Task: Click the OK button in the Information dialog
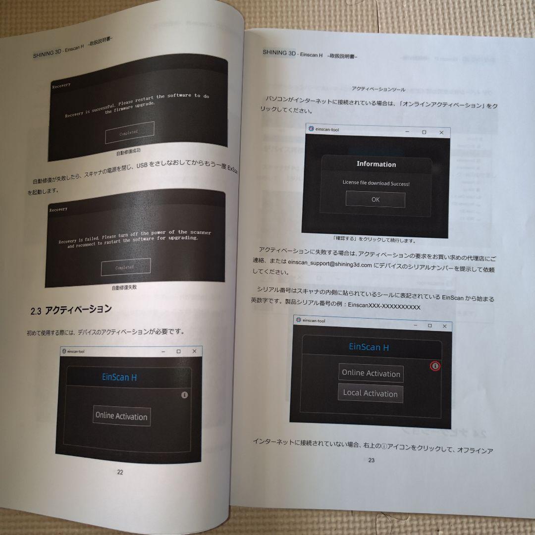click(375, 200)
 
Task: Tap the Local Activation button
click(371, 393)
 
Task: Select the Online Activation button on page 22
click(121, 416)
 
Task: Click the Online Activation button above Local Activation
click(371, 374)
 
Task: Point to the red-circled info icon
click(435, 366)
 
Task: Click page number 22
click(120, 472)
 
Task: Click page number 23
click(372, 460)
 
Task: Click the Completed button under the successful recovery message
click(129, 132)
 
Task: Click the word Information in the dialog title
click(376, 164)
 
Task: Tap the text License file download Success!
click(376, 183)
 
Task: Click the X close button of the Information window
click(441, 133)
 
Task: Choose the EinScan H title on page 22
click(119, 377)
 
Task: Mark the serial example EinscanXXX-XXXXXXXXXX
click(384, 307)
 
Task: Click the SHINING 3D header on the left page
click(47, 54)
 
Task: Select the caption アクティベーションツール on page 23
click(378, 90)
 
